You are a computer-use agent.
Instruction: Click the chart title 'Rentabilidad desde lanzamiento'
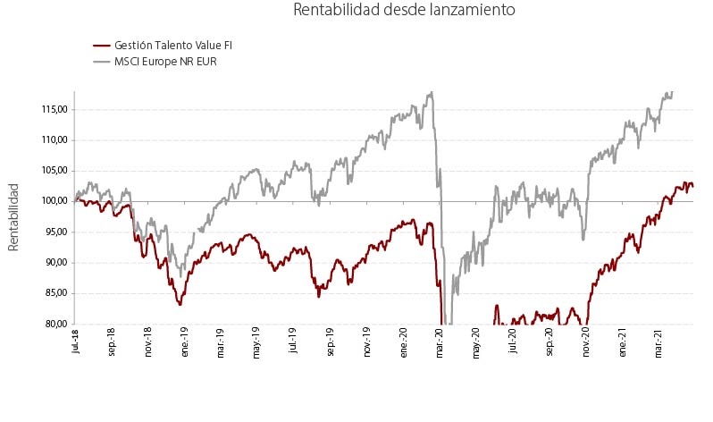click(404, 10)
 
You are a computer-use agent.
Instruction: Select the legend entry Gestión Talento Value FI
click(173, 46)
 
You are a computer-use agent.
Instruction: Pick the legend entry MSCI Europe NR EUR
click(165, 62)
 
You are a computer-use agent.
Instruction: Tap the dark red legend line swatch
click(101, 46)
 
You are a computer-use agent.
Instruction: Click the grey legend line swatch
click(101, 62)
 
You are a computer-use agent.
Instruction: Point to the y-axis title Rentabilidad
click(13, 217)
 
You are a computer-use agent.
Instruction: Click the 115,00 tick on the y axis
click(52, 110)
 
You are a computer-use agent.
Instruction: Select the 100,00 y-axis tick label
click(52, 201)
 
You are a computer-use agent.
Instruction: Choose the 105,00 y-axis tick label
click(52, 171)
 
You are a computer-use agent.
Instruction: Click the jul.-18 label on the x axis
click(75, 341)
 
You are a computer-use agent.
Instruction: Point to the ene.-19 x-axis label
click(185, 342)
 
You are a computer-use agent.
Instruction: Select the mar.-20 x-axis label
click(440, 342)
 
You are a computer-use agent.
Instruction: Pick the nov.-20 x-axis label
click(586, 342)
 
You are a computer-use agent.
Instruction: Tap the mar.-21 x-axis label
click(658, 342)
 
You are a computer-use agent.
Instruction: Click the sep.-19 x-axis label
click(331, 342)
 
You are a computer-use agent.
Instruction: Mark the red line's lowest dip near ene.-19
click(180, 305)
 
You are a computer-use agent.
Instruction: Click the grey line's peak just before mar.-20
click(432, 92)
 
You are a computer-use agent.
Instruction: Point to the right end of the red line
click(693, 186)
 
